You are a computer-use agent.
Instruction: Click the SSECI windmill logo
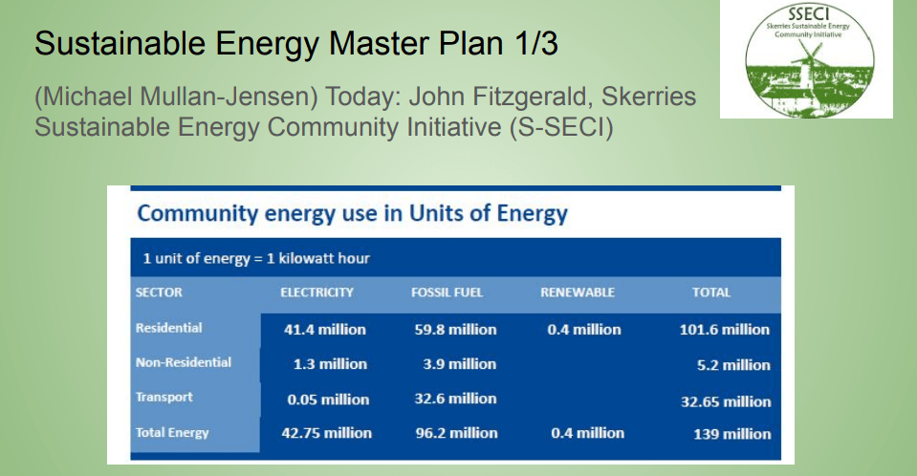point(809,60)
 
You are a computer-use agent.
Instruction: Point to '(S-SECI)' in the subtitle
point(561,127)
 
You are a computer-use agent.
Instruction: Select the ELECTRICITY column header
point(317,292)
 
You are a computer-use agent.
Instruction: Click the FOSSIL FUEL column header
point(447,292)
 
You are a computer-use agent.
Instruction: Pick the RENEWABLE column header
point(578,292)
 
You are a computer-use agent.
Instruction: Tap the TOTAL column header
point(711,292)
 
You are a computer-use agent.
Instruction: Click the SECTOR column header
point(159,292)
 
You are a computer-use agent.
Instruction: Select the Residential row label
point(168,328)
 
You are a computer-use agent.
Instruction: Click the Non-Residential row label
point(183,362)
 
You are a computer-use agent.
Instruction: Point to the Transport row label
point(164,397)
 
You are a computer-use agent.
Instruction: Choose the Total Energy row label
point(172,433)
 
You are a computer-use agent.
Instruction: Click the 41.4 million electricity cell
point(324,330)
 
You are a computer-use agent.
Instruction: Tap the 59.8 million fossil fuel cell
point(455,330)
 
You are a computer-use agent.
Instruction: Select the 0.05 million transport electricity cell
point(328,400)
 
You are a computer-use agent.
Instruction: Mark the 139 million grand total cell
point(732,435)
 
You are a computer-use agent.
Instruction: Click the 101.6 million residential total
point(725,330)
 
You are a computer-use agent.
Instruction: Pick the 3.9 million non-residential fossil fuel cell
point(460,364)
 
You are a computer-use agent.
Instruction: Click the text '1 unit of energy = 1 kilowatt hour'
point(256,258)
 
